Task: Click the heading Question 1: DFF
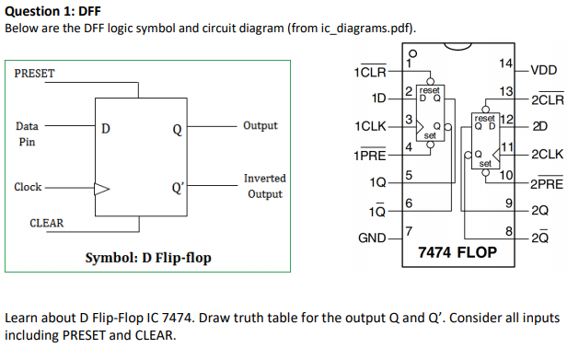point(53,11)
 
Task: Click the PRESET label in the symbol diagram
point(35,73)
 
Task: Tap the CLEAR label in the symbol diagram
point(46,223)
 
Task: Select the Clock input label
point(28,187)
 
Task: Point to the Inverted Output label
point(264,186)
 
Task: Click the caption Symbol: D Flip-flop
point(148,257)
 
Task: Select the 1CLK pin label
point(368,124)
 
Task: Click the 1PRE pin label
point(369,154)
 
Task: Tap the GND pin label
point(371,238)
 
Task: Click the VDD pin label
point(544,70)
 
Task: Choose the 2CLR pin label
point(547,99)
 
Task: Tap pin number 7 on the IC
point(409,228)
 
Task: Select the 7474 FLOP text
point(457,251)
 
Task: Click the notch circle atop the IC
point(412,53)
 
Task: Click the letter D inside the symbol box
point(105,129)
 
